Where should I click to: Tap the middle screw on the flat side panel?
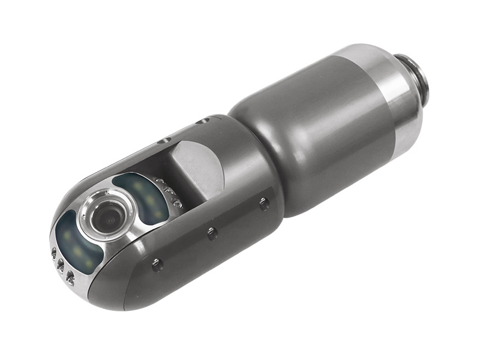point(212,233)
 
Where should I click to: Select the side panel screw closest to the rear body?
point(264,203)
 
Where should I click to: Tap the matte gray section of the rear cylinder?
point(318,138)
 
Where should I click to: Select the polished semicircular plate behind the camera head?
point(195,168)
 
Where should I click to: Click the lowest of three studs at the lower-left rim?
point(70,277)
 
